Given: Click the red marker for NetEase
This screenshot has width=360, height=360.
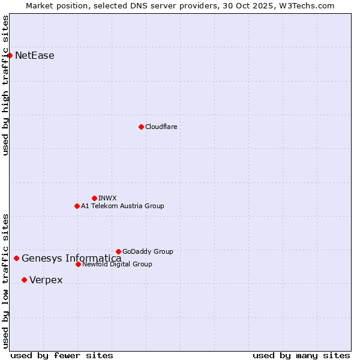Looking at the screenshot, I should pyautogui.click(x=10, y=56).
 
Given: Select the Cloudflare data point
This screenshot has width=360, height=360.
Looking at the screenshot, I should pyautogui.click(x=141, y=127).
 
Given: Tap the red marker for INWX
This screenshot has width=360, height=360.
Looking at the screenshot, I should pyautogui.click(x=94, y=198).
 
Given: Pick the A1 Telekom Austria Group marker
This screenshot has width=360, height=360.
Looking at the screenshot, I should pyautogui.click(x=77, y=206).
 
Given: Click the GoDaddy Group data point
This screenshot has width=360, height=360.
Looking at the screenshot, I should pyautogui.click(x=118, y=251).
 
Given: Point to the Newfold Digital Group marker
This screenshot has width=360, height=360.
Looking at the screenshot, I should pyautogui.click(x=78, y=264).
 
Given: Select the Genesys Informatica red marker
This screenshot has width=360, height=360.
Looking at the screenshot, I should pyautogui.click(x=16, y=259).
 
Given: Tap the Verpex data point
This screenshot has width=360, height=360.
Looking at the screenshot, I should pyautogui.click(x=24, y=280).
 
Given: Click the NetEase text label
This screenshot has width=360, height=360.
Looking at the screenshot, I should pyautogui.click(x=35, y=56).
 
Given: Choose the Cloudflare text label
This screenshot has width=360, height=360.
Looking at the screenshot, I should pyautogui.click(x=161, y=127).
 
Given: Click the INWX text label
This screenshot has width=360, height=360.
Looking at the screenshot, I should pyautogui.click(x=107, y=198).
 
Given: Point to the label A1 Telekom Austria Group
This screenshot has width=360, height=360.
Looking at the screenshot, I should pyautogui.click(x=122, y=206).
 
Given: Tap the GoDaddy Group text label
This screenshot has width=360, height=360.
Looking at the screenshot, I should pyautogui.click(x=148, y=251).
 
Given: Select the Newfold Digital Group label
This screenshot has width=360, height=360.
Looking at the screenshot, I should pyautogui.click(x=117, y=264).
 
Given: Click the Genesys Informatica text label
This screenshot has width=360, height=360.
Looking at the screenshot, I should pyautogui.click(x=71, y=259).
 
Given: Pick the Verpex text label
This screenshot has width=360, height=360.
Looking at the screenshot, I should pyautogui.click(x=46, y=280).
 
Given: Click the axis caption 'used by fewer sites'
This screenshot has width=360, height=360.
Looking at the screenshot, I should pyautogui.click(x=62, y=355).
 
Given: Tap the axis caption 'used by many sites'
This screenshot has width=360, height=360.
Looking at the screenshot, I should pyautogui.click(x=301, y=355).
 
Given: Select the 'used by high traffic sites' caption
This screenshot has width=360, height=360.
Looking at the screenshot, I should pyautogui.click(x=5, y=85).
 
